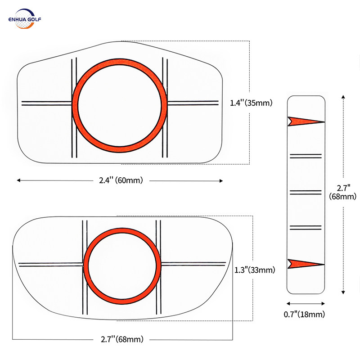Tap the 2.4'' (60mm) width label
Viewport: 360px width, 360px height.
(121, 180)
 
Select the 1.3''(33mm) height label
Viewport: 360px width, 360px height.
(255, 270)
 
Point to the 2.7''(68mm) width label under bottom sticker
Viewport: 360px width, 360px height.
(122, 339)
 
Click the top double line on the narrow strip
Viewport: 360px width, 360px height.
(306, 156)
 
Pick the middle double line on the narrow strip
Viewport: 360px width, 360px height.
(306, 192)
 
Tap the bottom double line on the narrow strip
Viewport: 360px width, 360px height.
(306, 227)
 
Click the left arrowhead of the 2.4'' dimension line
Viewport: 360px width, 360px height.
(19, 180)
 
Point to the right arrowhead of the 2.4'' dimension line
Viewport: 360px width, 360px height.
(221, 180)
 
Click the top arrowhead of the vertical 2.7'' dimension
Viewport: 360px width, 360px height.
(343, 97)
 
